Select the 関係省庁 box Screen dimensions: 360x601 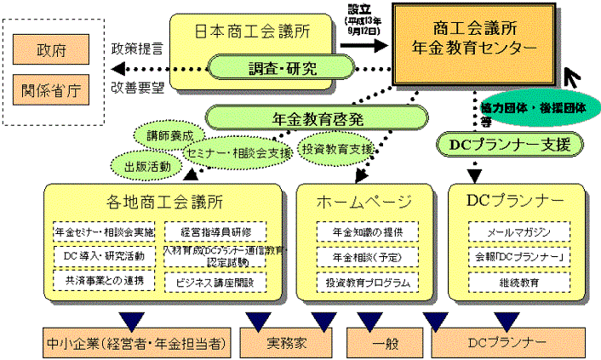coord(48,89)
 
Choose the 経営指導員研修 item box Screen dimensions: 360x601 coord(215,231)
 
